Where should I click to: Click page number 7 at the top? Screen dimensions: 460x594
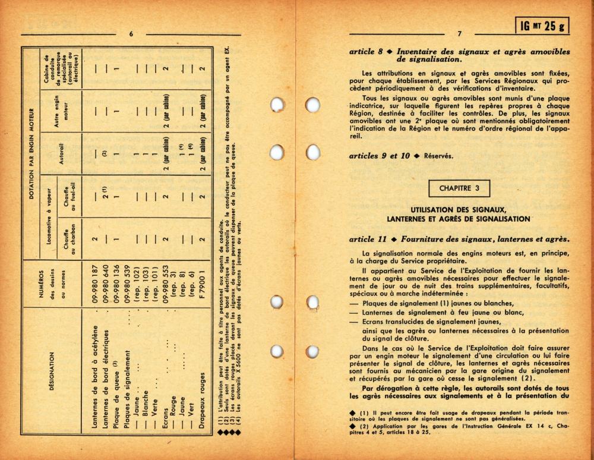pos(459,34)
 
